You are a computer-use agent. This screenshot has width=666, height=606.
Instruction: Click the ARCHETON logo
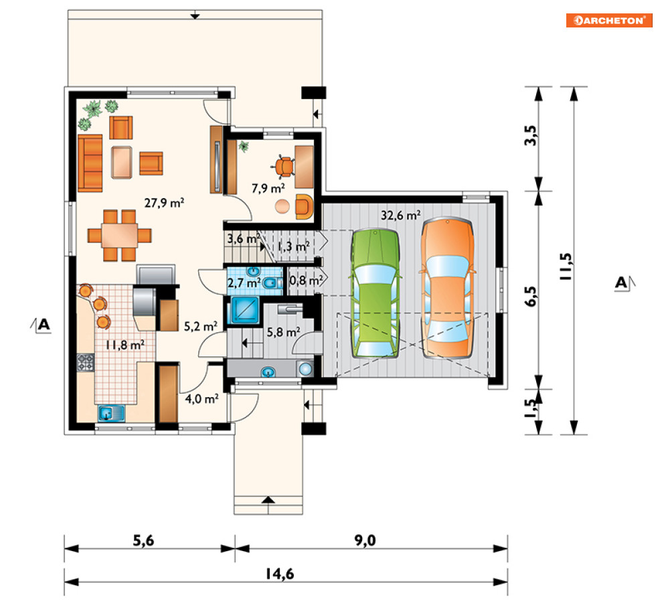coord(608,20)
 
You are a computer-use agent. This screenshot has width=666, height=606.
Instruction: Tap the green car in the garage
coord(375,293)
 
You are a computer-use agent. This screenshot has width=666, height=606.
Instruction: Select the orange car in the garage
coord(448,288)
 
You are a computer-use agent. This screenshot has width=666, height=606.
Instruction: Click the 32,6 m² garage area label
coord(400,215)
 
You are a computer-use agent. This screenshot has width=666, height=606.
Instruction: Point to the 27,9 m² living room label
coord(164,203)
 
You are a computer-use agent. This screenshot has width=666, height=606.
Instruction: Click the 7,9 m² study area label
coord(268,188)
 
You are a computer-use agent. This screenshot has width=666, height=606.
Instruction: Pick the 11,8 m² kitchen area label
coord(125,344)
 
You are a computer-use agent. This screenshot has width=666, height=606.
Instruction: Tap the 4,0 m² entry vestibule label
coord(201,398)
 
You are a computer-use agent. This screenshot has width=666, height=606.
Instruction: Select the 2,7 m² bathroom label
coord(244,282)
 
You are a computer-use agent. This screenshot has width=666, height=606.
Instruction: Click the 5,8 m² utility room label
coord(283,331)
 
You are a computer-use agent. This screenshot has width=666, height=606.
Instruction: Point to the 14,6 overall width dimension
coord(280,574)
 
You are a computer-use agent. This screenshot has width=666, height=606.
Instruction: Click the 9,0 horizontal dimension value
coord(365,540)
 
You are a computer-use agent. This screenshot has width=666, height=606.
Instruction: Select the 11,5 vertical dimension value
coord(566,266)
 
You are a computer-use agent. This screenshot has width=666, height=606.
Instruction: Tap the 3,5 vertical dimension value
coord(531,135)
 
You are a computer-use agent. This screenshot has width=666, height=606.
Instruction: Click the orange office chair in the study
coord(284,166)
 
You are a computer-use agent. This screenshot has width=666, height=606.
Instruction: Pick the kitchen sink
coord(111,413)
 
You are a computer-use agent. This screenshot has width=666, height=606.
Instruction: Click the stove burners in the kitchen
coord(85,362)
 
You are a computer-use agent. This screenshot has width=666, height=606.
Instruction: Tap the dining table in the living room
coord(119,235)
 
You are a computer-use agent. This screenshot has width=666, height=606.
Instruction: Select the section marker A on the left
coord(41,325)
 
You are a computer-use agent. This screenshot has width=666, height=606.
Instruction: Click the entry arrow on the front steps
coord(268,500)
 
